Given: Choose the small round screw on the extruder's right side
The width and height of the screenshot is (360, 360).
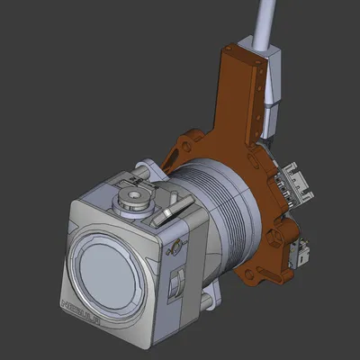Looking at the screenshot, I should (x=177, y=245).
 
